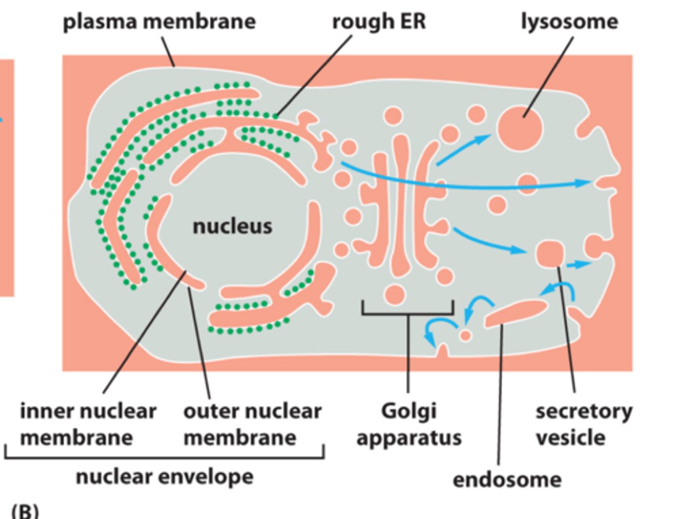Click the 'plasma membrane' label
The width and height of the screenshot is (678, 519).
[159, 22]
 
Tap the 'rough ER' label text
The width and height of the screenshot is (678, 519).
[379, 22]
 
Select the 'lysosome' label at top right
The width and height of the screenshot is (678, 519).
[569, 22]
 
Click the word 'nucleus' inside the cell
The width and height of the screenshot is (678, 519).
[232, 226]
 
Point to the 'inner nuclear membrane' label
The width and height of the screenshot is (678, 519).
[88, 424]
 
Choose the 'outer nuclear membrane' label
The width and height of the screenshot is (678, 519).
[252, 424]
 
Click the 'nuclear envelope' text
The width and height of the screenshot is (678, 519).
[164, 477]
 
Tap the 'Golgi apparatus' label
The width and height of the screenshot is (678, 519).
[409, 424]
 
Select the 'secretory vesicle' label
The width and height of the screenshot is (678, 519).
[584, 424]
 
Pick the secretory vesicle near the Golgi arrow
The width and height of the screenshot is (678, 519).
[549, 254]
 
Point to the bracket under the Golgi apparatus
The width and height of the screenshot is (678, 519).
[408, 313]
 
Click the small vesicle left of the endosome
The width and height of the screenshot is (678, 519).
[465, 335]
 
